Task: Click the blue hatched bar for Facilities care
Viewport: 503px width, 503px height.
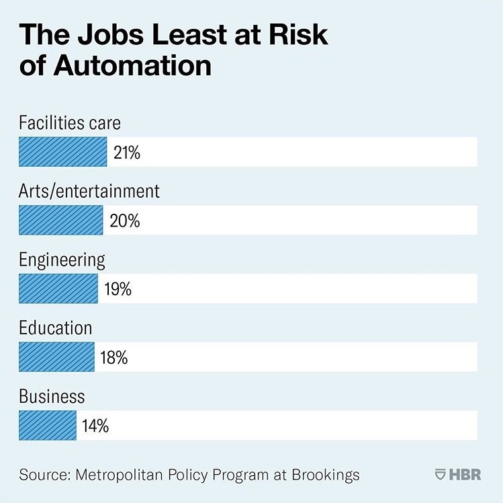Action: click(x=62, y=152)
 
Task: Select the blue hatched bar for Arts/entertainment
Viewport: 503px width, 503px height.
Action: click(x=60, y=220)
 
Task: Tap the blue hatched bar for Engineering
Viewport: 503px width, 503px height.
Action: click(x=58, y=288)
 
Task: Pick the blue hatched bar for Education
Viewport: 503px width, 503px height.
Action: click(x=56, y=357)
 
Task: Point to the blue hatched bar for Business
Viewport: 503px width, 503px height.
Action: click(x=48, y=426)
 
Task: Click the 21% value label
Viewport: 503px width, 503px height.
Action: click(x=127, y=153)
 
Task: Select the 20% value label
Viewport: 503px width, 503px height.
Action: click(x=124, y=221)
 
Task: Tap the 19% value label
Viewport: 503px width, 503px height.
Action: click(x=118, y=289)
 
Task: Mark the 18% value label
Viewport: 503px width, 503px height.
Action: click(x=114, y=358)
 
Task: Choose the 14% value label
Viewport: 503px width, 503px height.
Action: click(x=95, y=426)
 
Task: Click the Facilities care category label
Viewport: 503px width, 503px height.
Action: click(x=70, y=123)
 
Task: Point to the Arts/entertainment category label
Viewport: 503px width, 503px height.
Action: click(x=89, y=192)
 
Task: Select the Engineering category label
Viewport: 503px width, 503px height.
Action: click(x=62, y=260)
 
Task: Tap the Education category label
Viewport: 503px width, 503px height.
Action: click(x=55, y=328)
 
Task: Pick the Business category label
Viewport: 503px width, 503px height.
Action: click(x=52, y=397)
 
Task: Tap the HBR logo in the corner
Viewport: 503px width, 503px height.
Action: click(x=459, y=474)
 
